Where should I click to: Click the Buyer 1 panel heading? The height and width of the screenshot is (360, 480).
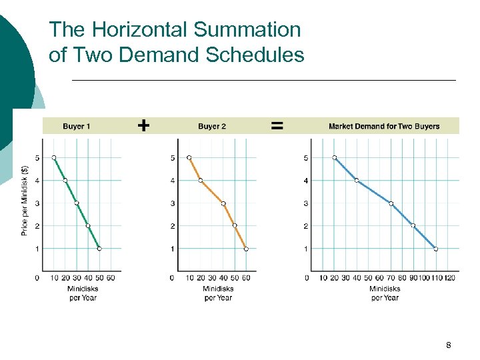coord(77,126)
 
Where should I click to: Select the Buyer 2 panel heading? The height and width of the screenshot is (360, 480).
coord(212,126)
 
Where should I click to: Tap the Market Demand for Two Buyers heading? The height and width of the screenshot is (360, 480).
coord(384,126)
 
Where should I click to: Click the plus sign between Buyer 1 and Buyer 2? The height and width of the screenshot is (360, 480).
coord(143,125)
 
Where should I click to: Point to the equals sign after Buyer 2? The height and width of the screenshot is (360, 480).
coord(277,125)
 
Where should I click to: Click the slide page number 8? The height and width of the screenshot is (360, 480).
coord(449,345)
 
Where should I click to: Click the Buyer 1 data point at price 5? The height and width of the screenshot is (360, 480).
coord(54,158)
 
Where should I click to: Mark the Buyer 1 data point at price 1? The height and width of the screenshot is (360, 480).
coord(99,249)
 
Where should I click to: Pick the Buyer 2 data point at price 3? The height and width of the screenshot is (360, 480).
coord(223,203)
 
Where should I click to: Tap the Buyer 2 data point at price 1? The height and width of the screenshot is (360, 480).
coord(246,249)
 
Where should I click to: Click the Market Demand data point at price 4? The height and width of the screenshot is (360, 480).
coord(357,181)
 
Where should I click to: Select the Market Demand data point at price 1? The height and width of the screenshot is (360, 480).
coord(436,249)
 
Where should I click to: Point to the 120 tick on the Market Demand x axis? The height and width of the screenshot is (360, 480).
coord(450,277)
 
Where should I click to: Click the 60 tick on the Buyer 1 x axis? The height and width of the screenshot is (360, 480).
coord(110,277)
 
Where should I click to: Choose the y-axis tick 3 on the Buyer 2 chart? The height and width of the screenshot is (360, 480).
coord(172,203)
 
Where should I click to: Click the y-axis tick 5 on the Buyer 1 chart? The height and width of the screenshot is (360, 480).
coord(37,158)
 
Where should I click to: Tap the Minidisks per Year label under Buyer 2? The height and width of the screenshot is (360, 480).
coord(217,293)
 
